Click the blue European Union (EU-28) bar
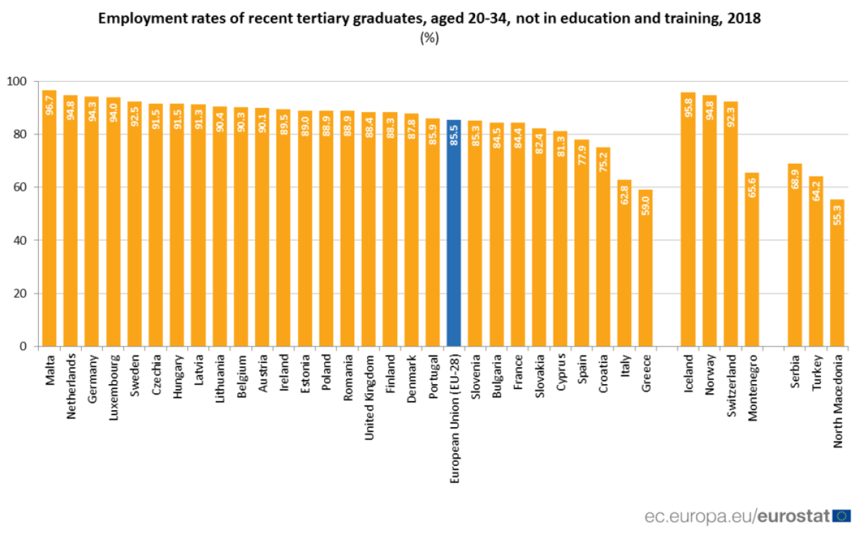coord(454,233)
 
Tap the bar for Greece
coord(645,268)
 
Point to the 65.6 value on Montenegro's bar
coord(752,190)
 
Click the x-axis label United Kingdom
coord(368,396)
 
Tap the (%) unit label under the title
coord(429,38)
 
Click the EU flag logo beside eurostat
coord(841,516)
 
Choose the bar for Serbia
coord(795,255)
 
